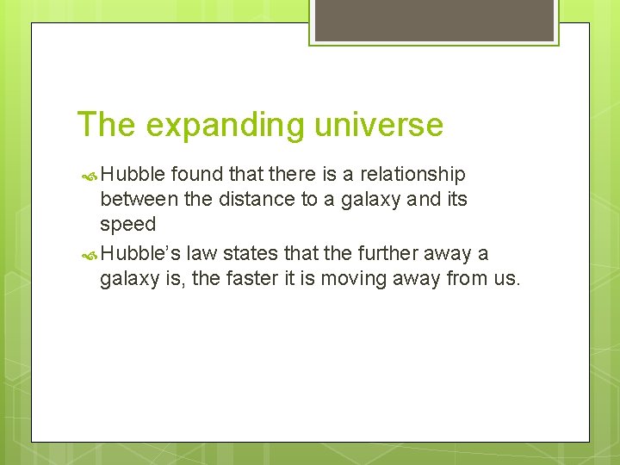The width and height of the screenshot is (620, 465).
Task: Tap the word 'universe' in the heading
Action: coord(378,126)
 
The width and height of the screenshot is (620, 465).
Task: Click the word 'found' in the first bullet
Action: coord(193,175)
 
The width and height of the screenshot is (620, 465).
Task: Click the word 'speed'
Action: coord(127,225)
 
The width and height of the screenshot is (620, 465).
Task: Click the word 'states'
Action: coord(249,254)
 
